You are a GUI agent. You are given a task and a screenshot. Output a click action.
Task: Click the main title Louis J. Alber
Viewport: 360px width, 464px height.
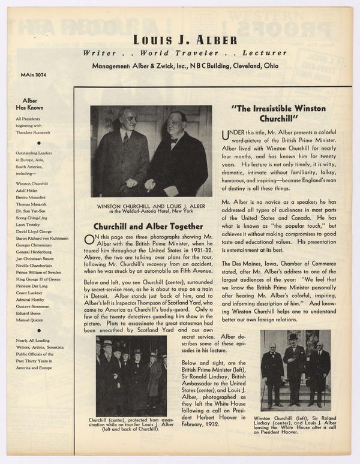pyautogui.click(x=181, y=40)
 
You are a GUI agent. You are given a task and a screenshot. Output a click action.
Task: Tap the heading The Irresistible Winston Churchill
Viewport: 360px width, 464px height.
pyautogui.click(x=278, y=113)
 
